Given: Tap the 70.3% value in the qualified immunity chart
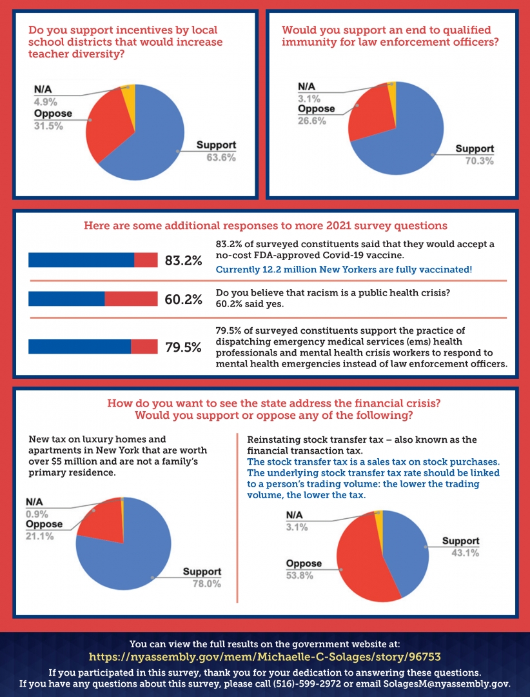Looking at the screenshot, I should tap(479, 161).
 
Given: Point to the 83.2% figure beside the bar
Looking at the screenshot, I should tap(184, 260).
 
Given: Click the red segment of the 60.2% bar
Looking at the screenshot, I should tap(131, 299).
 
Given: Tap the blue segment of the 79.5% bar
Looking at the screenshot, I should tap(80, 347).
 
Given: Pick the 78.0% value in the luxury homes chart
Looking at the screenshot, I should tap(207, 583).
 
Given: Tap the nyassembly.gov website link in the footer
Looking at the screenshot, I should tap(264, 656).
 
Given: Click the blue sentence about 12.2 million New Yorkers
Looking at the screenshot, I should tap(344, 268).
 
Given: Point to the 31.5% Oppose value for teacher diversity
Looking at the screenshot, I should tap(48, 126).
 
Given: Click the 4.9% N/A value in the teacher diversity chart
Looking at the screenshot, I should tap(46, 101).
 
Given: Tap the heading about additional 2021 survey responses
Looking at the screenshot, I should tap(265, 226).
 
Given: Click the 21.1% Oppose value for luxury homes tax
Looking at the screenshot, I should tap(40, 536).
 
